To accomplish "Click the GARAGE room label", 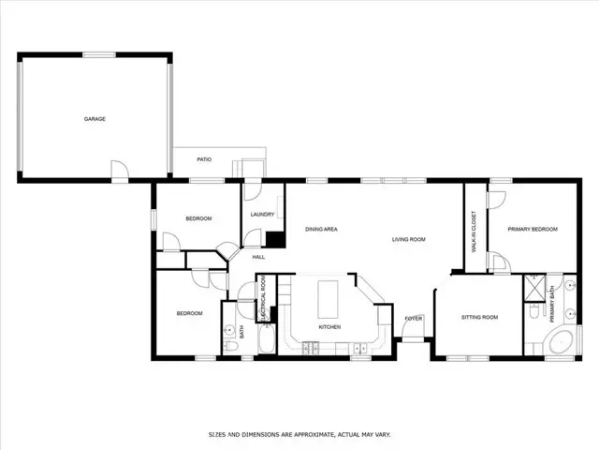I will [95, 119].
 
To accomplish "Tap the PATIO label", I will [204, 159].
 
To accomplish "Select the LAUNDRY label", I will [262, 215].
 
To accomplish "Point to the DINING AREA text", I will [321, 229].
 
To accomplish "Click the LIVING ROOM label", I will [409, 240].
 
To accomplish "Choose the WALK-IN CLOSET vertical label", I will [474, 231].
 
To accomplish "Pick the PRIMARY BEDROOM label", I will [533, 229].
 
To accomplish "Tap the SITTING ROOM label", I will [479, 318].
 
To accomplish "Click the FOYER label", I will [413, 319].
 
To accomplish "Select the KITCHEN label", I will [329, 327].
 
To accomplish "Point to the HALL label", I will [258, 256].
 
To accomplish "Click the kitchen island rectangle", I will [329, 299].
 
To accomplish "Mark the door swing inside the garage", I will [118, 169].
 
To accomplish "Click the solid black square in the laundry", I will [274, 239].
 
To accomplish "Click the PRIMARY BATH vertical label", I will [551, 301].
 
